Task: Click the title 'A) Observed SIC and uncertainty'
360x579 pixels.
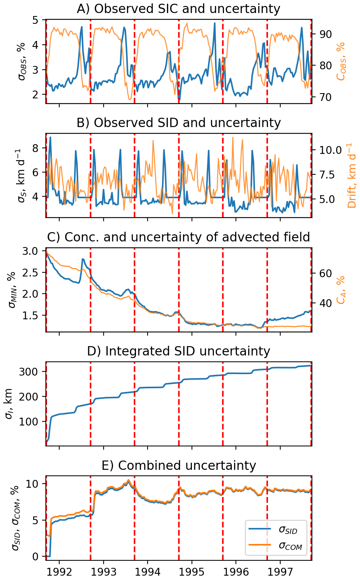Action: [179, 9]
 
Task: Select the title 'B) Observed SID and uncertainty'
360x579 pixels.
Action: [179, 123]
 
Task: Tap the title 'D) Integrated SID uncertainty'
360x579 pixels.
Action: [179, 351]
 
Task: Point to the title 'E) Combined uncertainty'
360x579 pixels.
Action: [179, 465]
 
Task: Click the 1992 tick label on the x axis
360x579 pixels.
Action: [59, 572]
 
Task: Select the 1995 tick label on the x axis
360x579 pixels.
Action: [192, 572]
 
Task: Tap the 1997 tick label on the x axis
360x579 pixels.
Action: [280, 572]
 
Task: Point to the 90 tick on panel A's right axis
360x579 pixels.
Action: [324, 34]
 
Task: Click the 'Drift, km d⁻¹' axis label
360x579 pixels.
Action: [351, 175]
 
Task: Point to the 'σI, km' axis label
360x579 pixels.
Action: [9, 403]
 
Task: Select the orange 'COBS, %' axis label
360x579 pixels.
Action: [341, 61]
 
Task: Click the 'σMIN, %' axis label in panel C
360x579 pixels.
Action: [12, 289]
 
